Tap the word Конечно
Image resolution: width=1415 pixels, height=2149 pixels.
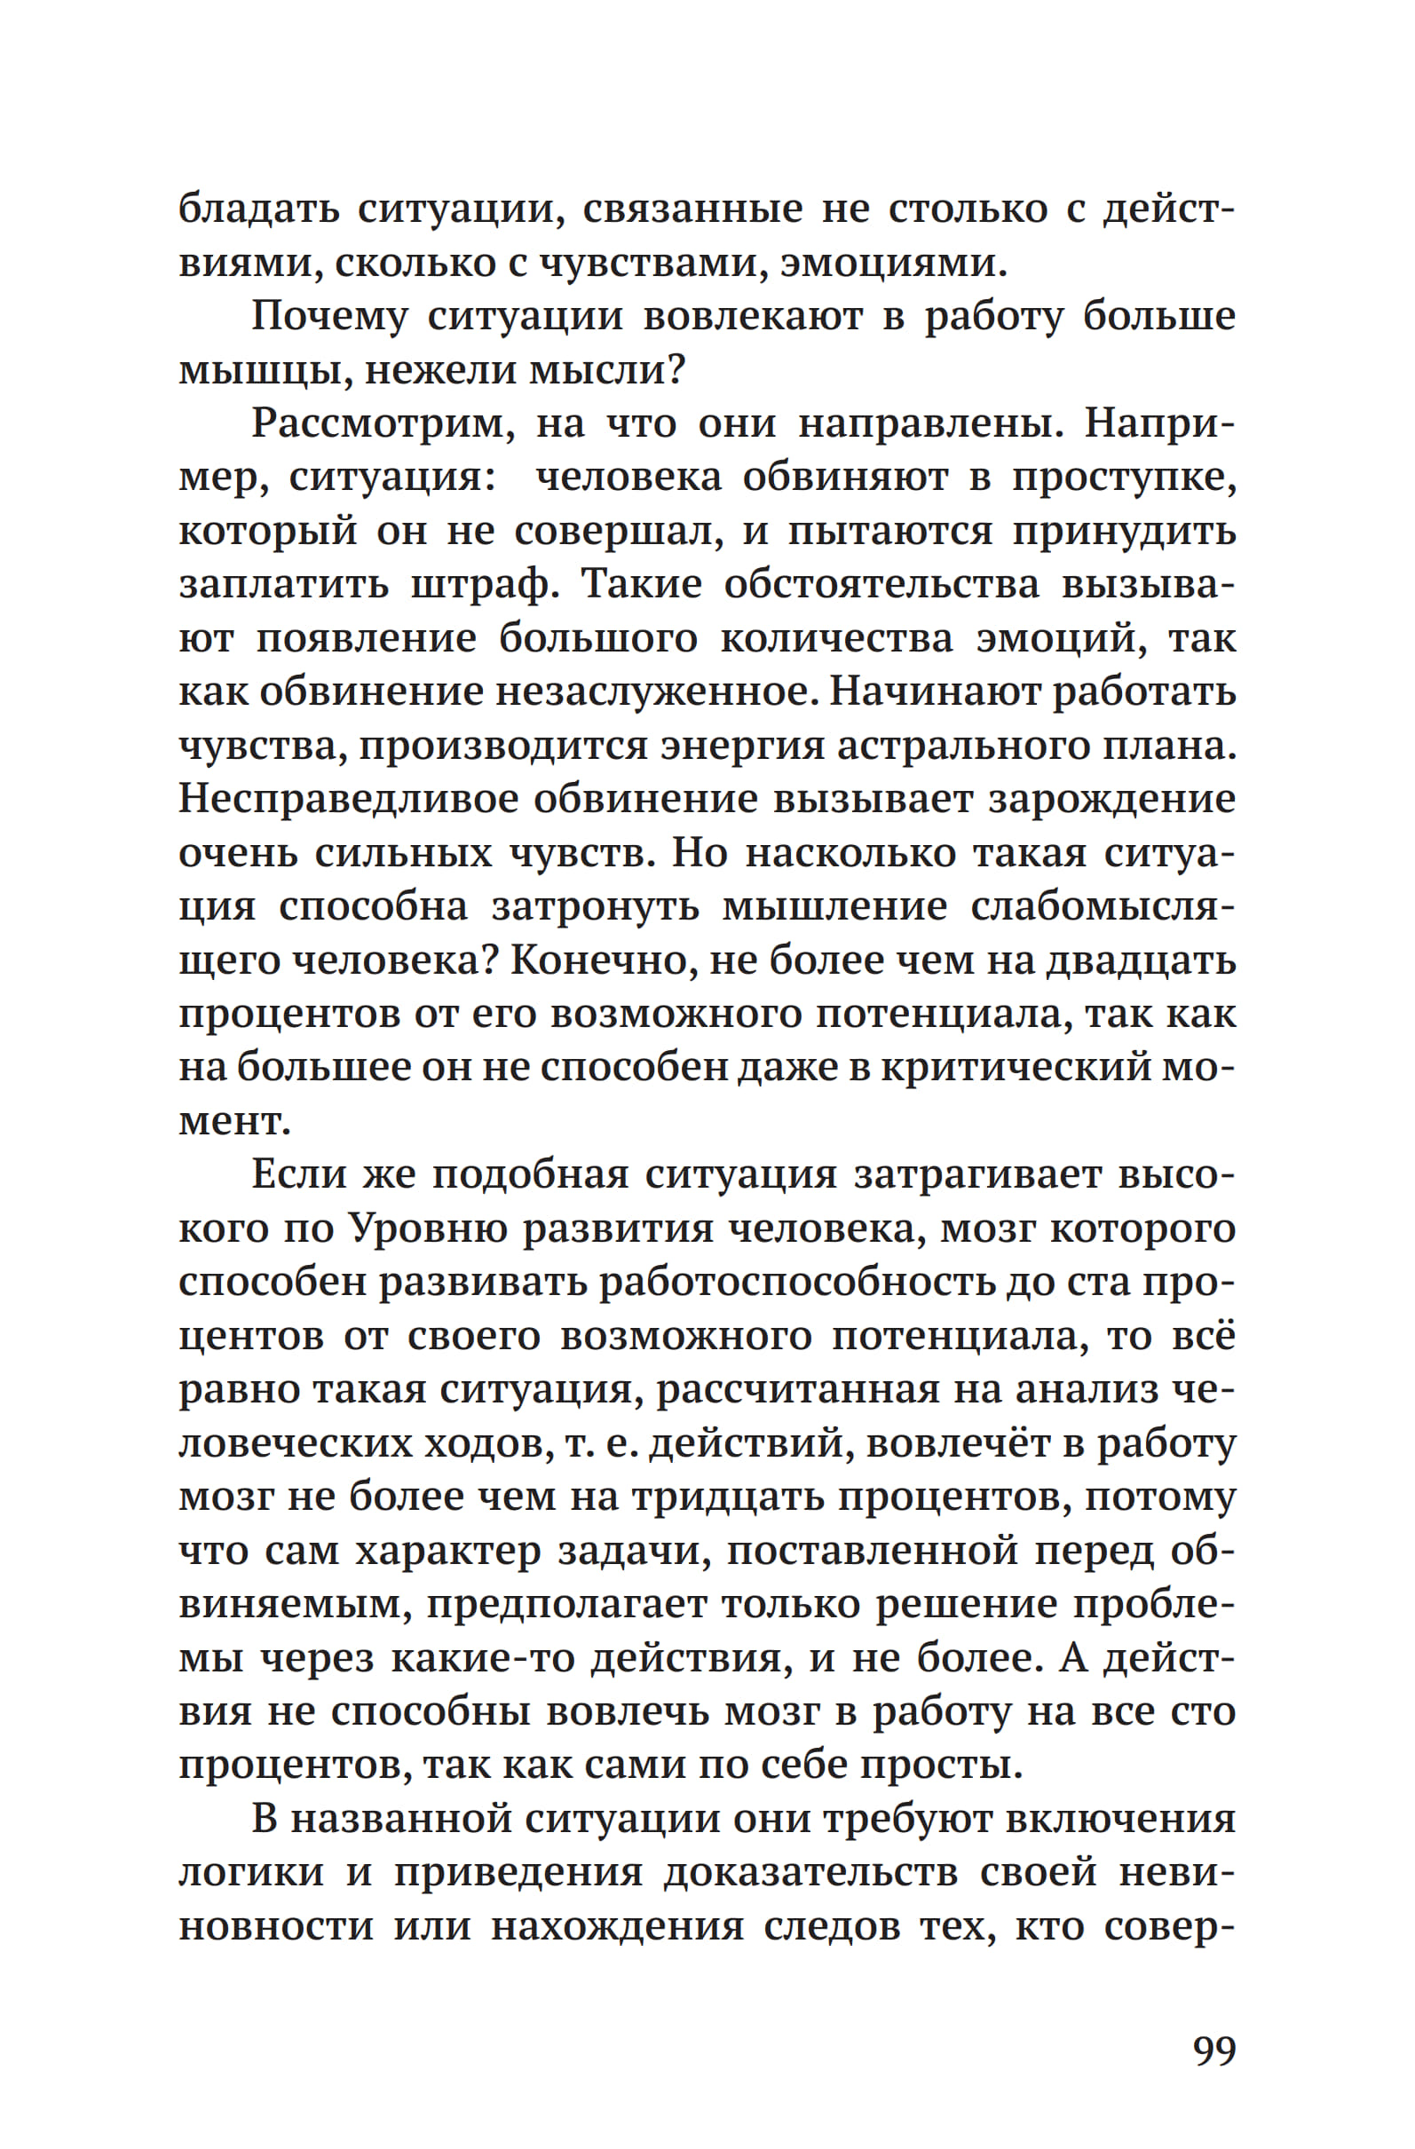coord(605,960)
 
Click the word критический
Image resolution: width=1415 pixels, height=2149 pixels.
coord(1018,1068)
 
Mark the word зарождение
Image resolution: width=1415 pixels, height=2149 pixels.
coord(1111,799)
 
